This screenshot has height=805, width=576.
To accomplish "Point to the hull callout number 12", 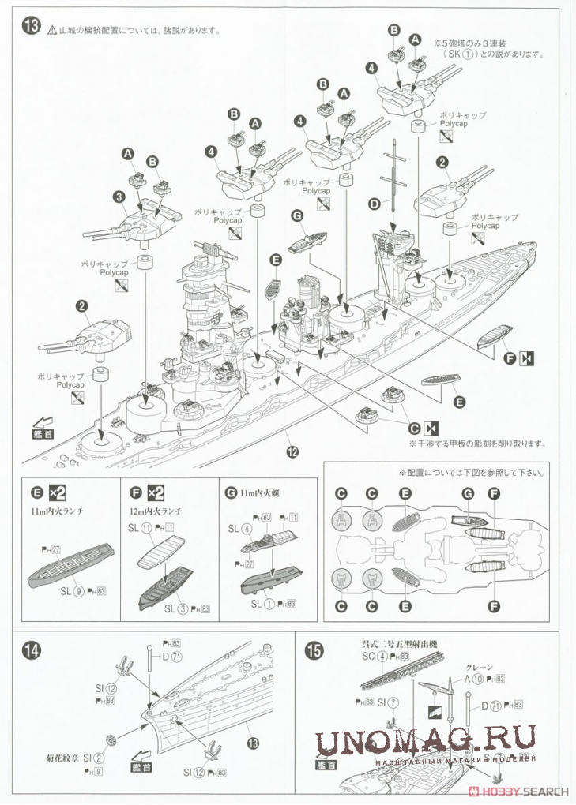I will [293, 452].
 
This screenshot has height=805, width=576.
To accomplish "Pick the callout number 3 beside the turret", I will [118, 197].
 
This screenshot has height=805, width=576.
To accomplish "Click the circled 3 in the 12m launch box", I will [184, 608].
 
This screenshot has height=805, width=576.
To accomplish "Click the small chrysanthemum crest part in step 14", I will [112, 740].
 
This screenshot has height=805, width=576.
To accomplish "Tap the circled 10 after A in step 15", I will [480, 679].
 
